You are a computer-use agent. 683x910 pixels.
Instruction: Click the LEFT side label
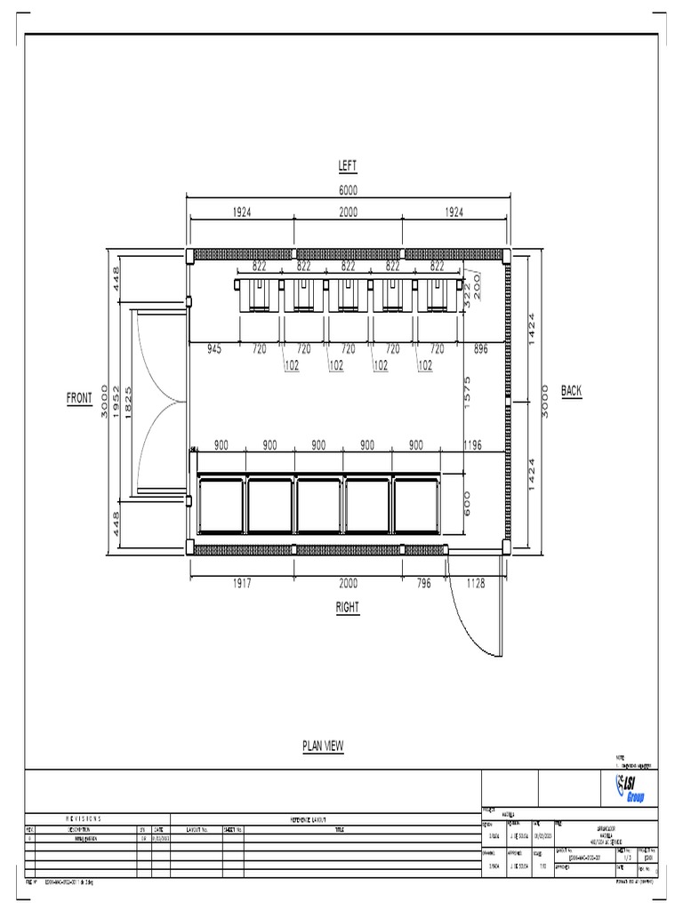point(347,165)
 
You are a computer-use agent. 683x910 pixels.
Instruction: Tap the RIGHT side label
point(347,608)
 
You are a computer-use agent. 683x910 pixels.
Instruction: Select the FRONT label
point(79,398)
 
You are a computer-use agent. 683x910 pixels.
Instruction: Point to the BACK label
point(570,391)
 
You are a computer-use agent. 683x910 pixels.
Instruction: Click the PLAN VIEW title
point(323,747)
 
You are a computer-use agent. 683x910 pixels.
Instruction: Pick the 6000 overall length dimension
point(347,189)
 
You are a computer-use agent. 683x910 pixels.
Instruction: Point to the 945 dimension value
point(215,349)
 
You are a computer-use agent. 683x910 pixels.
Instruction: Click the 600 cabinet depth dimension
point(467,502)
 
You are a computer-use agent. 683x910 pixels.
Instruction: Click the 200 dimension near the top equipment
point(478,283)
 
